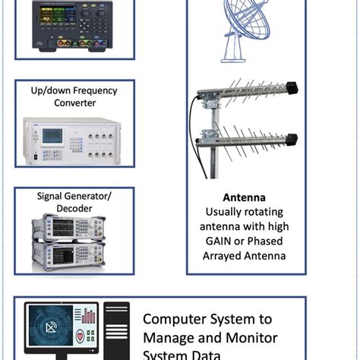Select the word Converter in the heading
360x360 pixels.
point(74,104)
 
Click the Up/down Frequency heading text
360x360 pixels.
point(74,90)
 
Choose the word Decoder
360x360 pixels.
point(74,210)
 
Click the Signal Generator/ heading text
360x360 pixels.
point(74,196)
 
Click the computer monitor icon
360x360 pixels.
point(61,330)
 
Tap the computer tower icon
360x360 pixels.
point(116,330)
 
